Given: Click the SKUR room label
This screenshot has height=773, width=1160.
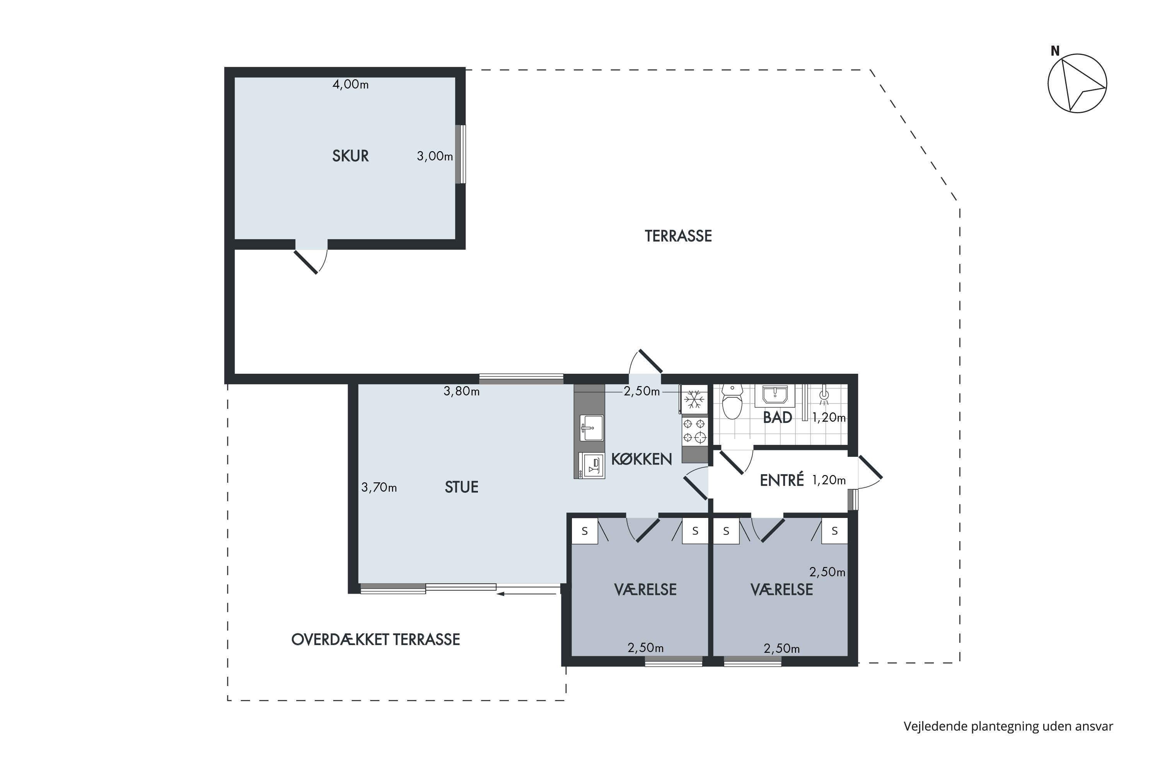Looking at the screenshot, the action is click(x=350, y=156).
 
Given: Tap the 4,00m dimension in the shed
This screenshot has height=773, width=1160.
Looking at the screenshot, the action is click(x=350, y=84).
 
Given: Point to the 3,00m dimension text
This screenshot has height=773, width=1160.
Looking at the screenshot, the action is click(x=435, y=156).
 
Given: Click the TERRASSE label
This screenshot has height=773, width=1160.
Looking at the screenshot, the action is click(x=678, y=236).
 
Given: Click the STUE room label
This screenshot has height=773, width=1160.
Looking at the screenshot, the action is click(x=461, y=487).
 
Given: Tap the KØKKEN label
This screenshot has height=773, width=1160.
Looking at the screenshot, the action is click(x=641, y=459).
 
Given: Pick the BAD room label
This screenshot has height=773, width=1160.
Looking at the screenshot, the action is click(x=777, y=417).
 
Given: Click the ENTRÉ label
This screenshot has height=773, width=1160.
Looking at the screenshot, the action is click(x=782, y=480).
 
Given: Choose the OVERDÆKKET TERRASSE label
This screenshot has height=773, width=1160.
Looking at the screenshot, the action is click(x=375, y=639).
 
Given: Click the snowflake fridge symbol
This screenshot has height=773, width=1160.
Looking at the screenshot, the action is click(x=694, y=399).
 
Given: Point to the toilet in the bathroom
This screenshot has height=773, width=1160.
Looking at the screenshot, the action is click(x=732, y=402).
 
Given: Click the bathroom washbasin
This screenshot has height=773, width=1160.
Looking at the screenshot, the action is click(x=775, y=395).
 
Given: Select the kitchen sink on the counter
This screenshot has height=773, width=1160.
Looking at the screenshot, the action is click(x=591, y=428).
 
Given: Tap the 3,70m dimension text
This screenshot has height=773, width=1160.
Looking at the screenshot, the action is click(x=379, y=487).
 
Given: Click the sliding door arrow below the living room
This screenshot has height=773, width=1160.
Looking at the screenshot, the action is click(x=527, y=594).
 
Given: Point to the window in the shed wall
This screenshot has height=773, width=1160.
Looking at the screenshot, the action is click(x=460, y=154).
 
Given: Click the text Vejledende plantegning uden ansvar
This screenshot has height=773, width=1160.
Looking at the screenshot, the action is click(x=1008, y=726).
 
